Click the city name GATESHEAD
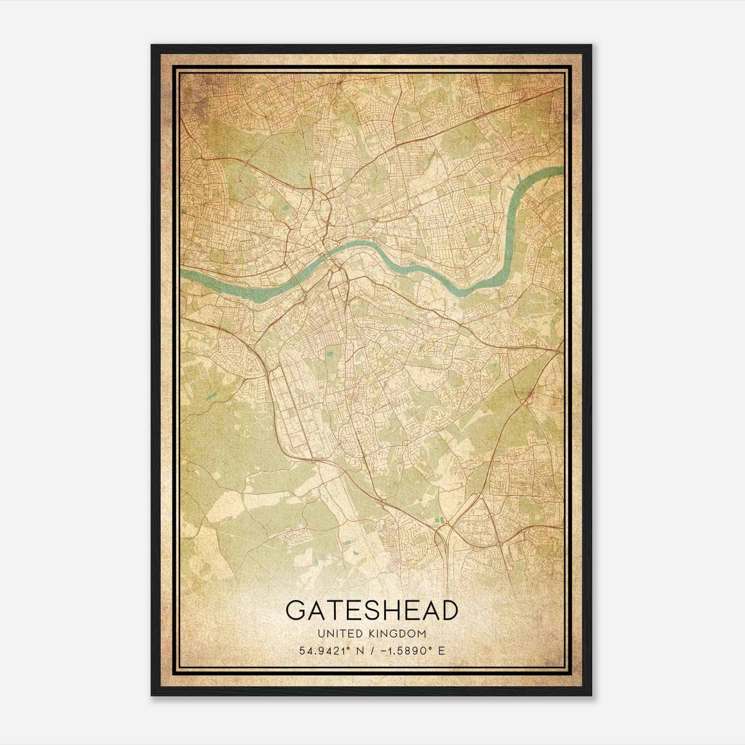(x=372, y=610)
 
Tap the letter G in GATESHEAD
(x=296, y=610)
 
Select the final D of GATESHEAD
(x=448, y=610)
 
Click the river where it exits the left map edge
(x=183, y=274)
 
